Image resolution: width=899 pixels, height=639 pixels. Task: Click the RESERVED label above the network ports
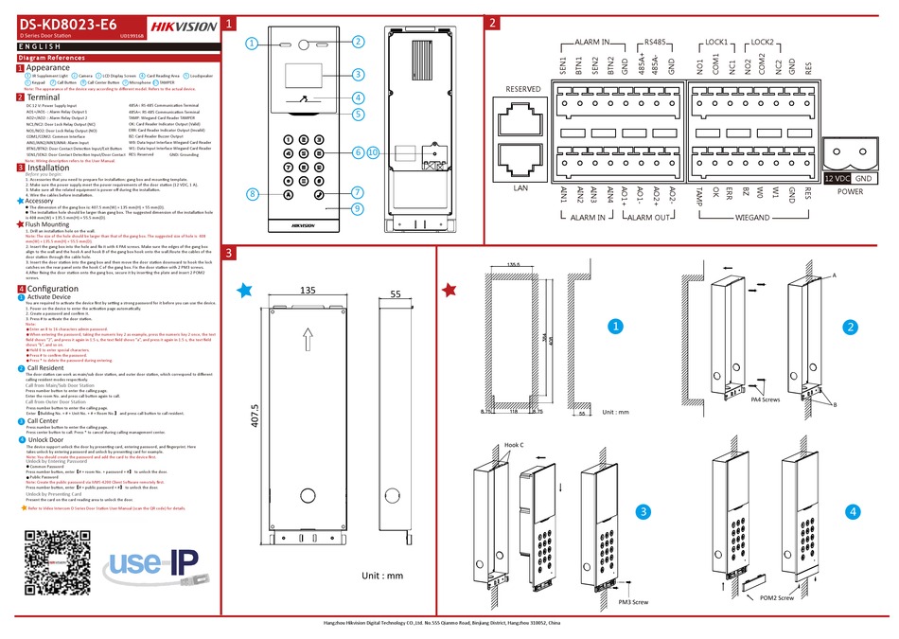tap(523, 89)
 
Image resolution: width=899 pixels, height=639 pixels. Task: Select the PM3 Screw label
tap(633, 601)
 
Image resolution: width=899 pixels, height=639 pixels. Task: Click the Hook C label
tap(514, 445)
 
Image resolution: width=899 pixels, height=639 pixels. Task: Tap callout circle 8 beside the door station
tap(253, 194)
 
